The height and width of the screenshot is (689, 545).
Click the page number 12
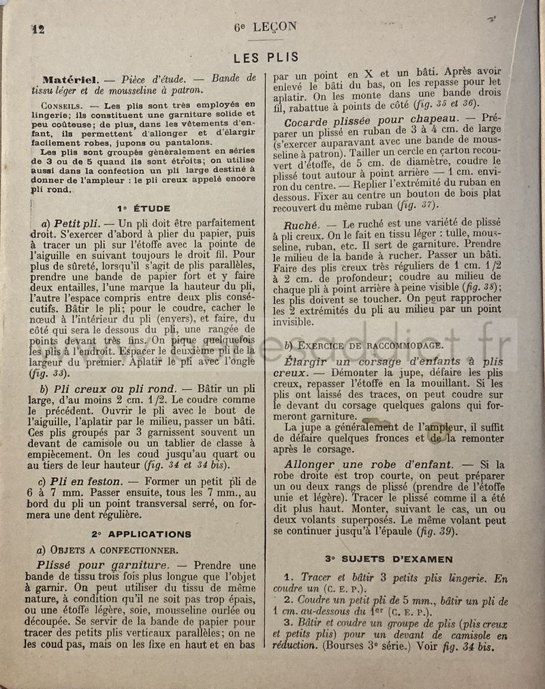(x=37, y=29)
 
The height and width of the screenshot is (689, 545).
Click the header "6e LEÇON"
(x=265, y=27)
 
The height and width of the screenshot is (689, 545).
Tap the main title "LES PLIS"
(x=265, y=57)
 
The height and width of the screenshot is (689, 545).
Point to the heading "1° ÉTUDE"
(x=144, y=207)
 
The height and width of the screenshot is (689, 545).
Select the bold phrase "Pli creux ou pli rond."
(x=109, y=387)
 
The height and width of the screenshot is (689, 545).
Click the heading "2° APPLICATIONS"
(x=142, y=533)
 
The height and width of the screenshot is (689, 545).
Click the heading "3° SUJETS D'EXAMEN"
(x=388, y=559)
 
